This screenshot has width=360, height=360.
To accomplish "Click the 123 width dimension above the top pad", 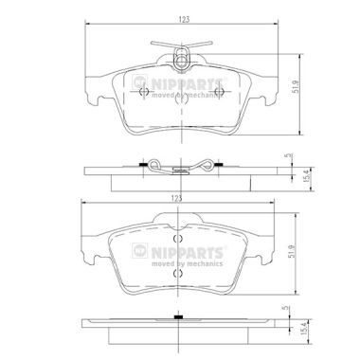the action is pos(184,19).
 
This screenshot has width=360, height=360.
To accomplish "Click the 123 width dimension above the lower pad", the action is pos(177,198).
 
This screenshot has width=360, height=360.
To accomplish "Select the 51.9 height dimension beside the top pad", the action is pos(296,86).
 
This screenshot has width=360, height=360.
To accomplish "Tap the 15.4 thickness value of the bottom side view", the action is pos(304,329).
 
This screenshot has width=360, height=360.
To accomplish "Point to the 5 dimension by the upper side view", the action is pos(287,155).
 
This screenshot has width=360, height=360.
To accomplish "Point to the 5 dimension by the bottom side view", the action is pos(287,308).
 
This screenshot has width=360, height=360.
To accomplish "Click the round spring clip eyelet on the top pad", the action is pos(181,61).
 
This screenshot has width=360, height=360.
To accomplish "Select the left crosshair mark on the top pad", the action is pos(144,91).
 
